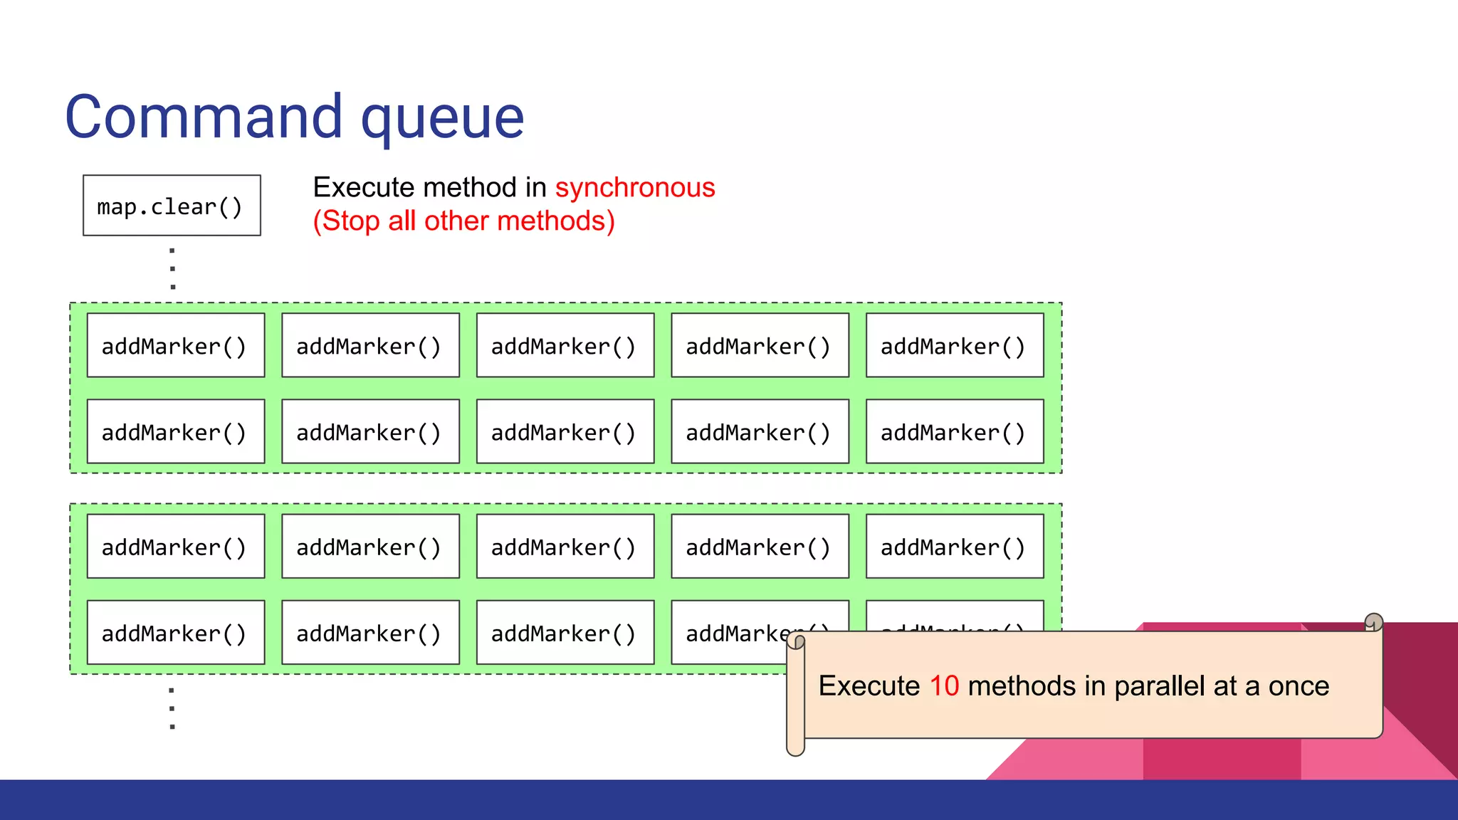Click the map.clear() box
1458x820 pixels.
pos(172,206)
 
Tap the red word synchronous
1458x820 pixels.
pos(635,188)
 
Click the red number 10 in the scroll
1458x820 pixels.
pos(944,686)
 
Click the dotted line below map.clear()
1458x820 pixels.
pos(172,268)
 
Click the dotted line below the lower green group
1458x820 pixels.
pos(172,708)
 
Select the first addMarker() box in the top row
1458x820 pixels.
pos(176,346)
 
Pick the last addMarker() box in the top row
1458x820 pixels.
pos(954,346)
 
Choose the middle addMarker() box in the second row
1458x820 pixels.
pos(565,432)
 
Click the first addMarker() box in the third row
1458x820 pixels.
pos(176,547)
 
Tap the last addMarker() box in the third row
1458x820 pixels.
pos(954,547)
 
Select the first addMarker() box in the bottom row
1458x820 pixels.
pos(176,633)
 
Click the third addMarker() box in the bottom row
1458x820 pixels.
pos(565,633)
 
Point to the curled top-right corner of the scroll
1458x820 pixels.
pos(1373,623)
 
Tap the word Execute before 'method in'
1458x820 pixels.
pos(364,188)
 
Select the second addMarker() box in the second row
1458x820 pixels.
pos(370,432)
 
